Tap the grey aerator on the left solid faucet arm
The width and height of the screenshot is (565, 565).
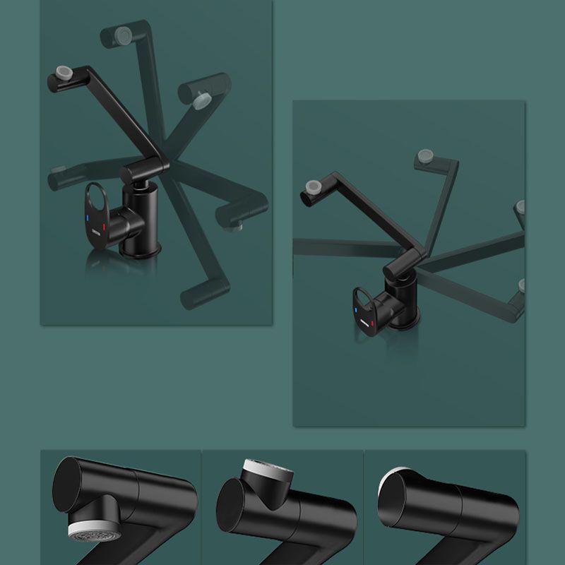[64, 72]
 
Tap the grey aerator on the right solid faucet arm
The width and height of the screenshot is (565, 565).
[312, 186]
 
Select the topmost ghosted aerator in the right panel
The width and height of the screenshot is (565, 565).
[425, 156]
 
